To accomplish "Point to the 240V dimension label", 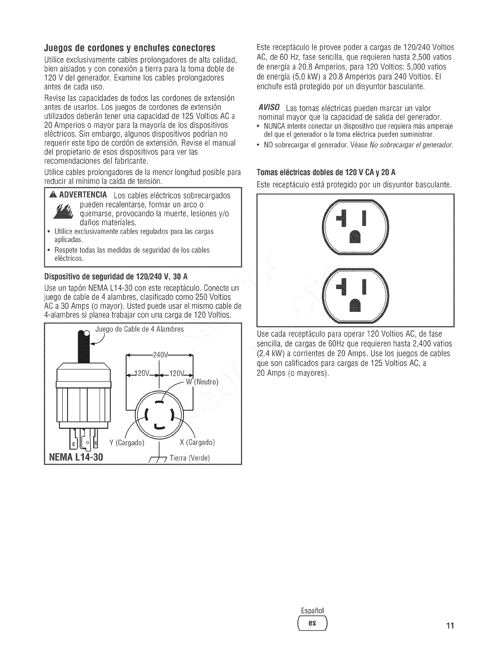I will click(x=159, y=353).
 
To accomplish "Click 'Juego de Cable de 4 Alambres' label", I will click(x=139, y=329).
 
